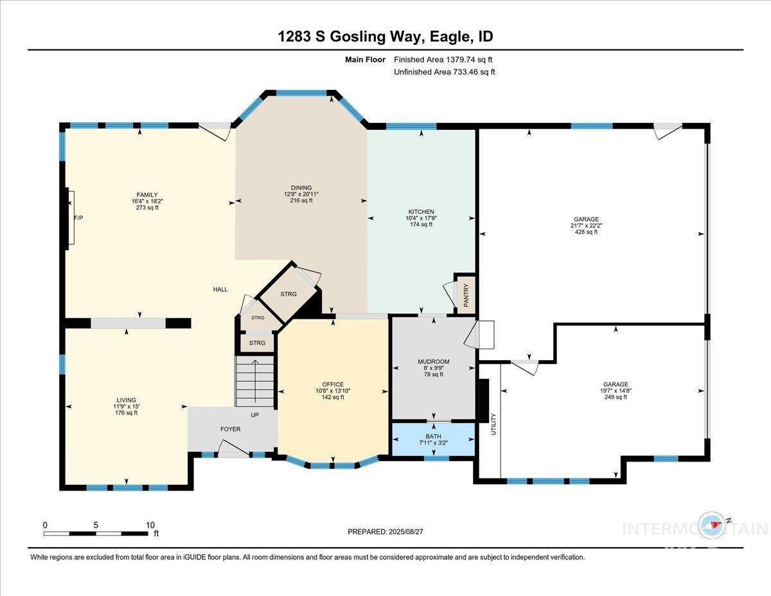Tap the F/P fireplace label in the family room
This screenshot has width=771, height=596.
[78, 218]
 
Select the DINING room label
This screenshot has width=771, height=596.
[301, 188]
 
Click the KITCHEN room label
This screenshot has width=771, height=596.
[421, 212]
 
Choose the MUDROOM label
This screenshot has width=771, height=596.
[433, 361]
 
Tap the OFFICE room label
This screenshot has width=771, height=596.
[333, 384]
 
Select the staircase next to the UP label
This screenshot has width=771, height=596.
[255, 383]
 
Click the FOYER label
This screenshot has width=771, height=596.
[230, 429]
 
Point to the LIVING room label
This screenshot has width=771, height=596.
[126, 400]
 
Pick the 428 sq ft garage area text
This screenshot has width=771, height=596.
[585, 232]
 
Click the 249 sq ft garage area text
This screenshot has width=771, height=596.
[616, 397]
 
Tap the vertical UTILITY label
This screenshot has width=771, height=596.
[494, 424]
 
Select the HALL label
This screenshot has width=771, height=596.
[220, 289]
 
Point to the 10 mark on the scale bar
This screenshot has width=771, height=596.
[150, 525]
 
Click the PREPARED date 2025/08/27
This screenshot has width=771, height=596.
[385, 532]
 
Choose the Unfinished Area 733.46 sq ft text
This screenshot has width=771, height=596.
[444, 72]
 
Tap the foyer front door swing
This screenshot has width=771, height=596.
[229, 447]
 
